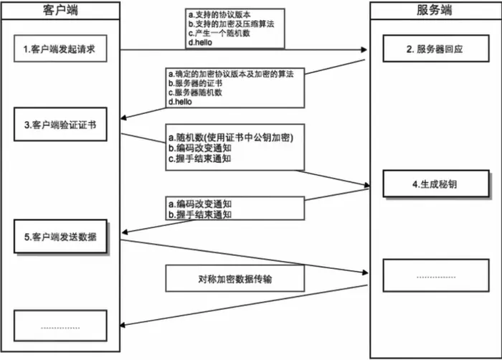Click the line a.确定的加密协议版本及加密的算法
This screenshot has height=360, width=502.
tap(234, 74)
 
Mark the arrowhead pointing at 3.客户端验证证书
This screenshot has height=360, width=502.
tap(125, 120)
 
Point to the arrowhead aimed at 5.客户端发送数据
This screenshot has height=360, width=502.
tap(125, 232)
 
